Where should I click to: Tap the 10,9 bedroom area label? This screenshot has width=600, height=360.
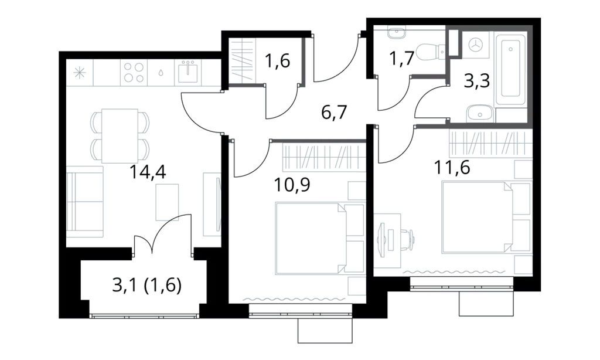291,185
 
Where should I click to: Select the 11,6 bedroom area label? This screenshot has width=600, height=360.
452,168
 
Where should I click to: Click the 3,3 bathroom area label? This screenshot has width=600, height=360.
476,81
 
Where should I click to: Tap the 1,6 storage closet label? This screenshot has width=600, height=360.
277,62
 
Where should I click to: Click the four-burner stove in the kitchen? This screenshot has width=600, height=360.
132,73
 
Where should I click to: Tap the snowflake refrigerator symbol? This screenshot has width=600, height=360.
79,74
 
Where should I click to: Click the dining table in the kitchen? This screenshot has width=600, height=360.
120,135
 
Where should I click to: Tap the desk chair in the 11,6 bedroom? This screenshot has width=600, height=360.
407,239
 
